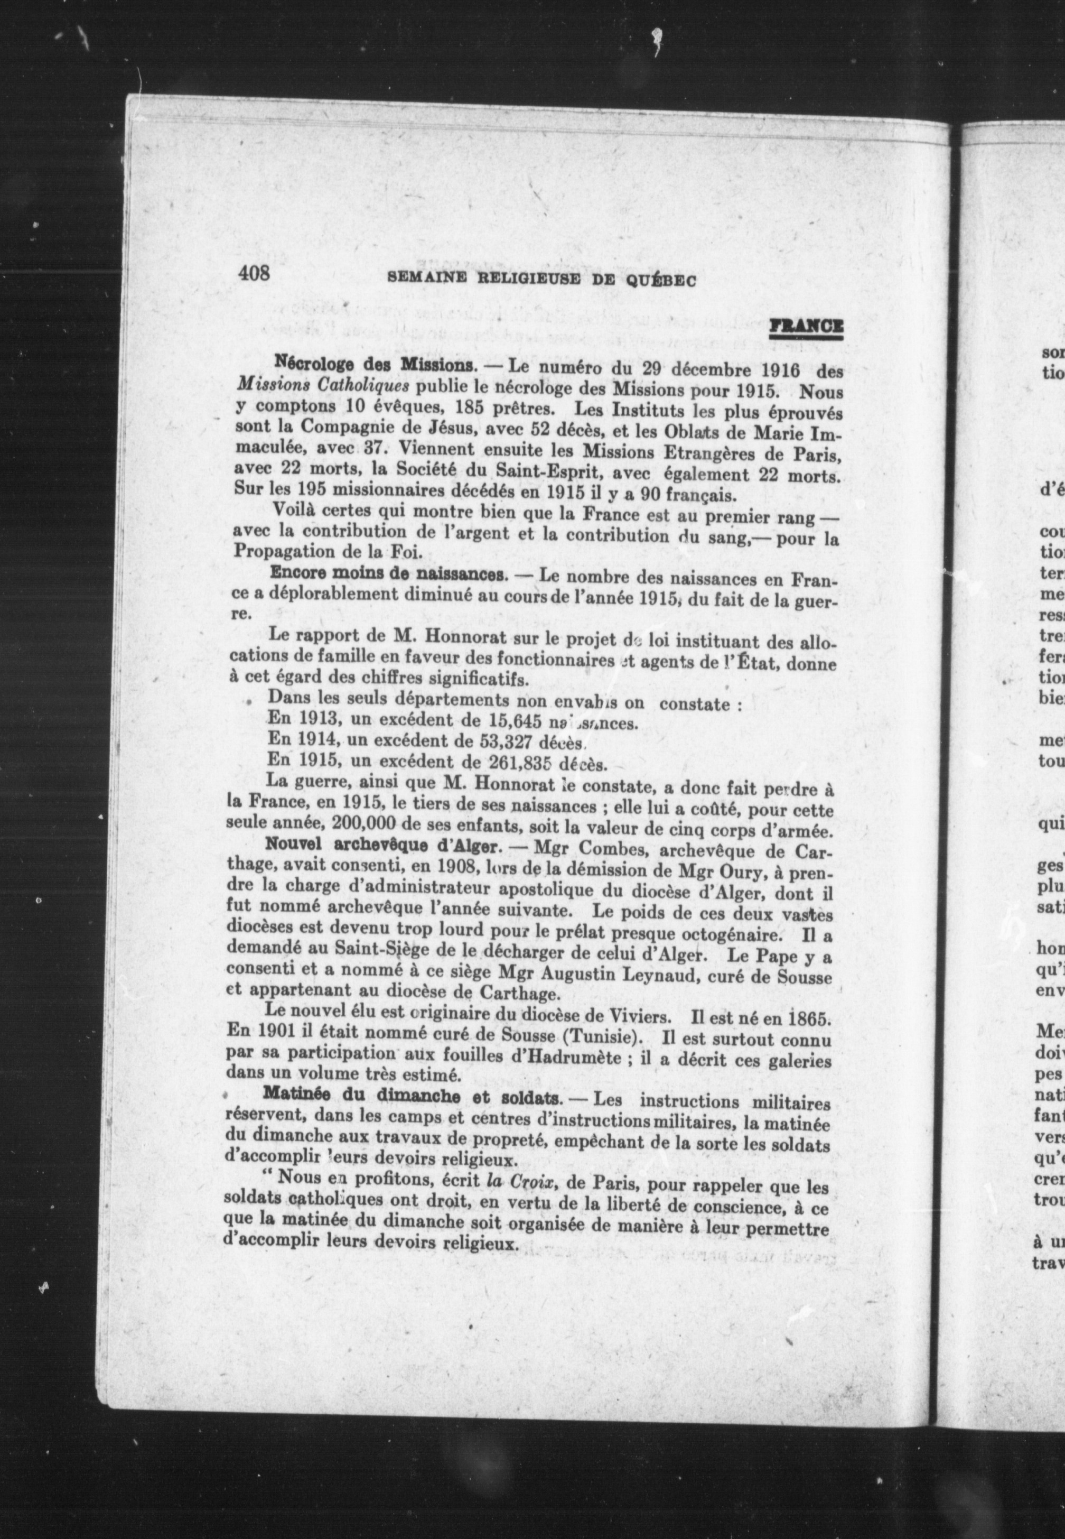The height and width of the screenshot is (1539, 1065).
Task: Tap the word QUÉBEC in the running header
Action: [x=661, y=280]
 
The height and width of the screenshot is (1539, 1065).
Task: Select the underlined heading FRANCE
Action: [x=806, y=327]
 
